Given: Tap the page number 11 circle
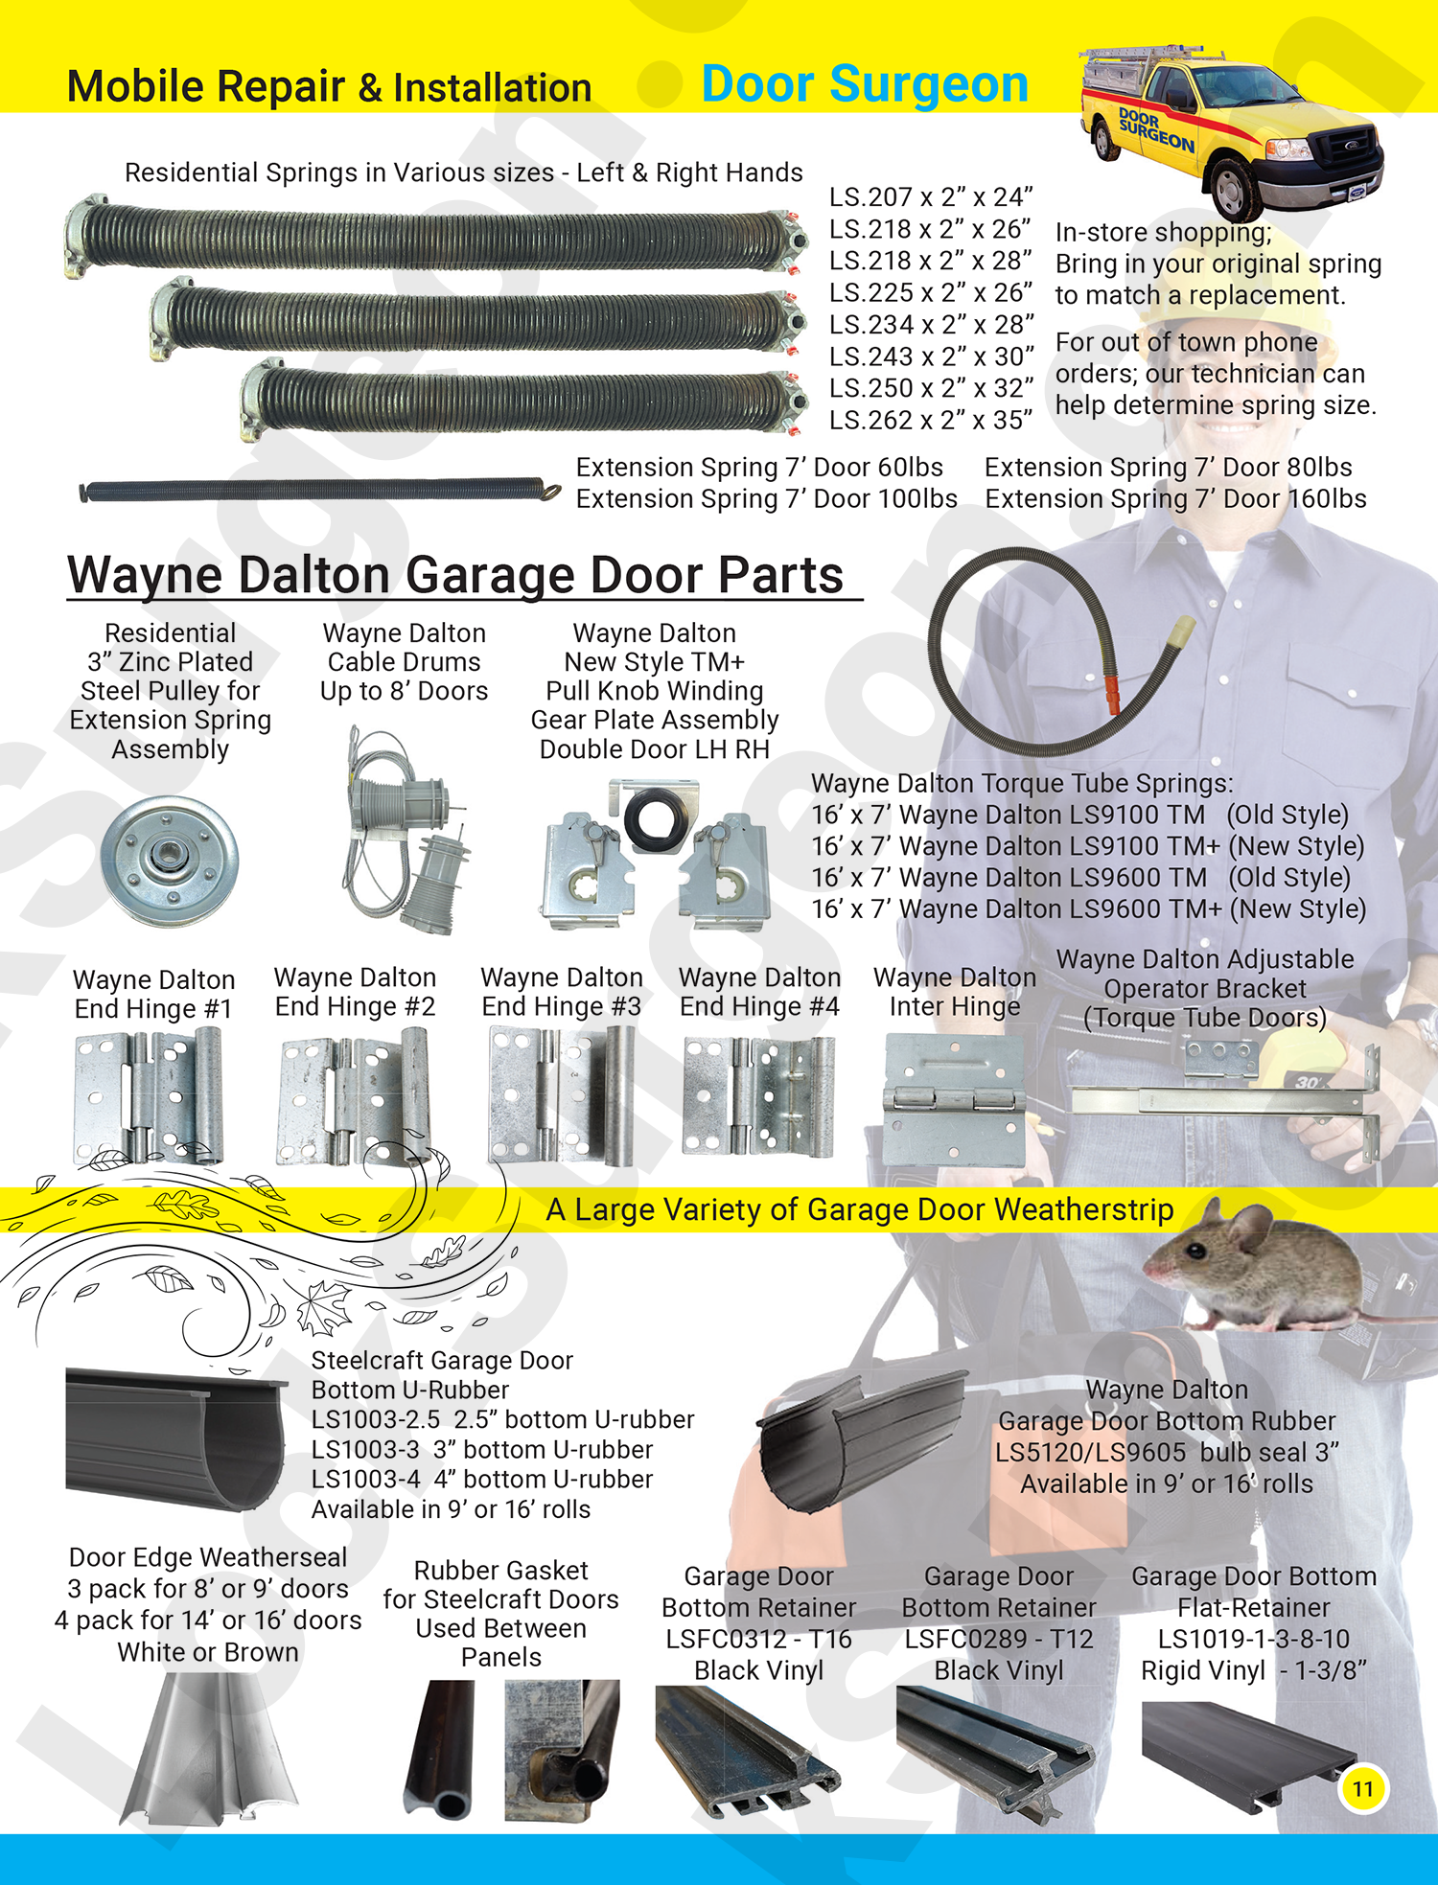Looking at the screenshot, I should [x=1362, y=1788].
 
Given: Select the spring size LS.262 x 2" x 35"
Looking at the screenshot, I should [x=931, y=420].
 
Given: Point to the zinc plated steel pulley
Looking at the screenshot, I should [x=169, y=860].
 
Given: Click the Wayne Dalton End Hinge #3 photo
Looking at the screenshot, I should [x=562, y=1094].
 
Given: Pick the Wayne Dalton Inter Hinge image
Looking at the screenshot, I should [x=954, y=1100].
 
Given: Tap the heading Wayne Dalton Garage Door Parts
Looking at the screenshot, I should [x=455, y=575].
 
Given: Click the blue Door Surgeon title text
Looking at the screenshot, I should [x=865, y=84].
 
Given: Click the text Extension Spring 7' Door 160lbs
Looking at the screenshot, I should [x=1175, y=499].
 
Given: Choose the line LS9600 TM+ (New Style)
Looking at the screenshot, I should [x=1088, y=908].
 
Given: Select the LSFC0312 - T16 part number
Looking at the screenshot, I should [x=758, y=1640].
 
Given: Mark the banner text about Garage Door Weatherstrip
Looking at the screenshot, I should [x=859, y=1210].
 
